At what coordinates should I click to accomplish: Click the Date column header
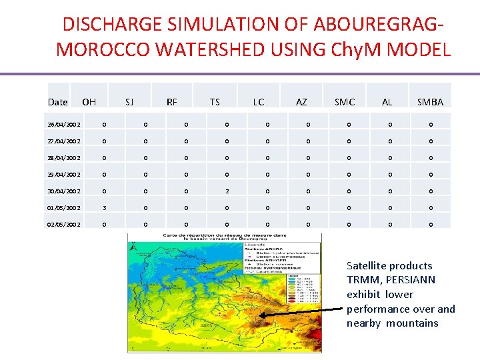(x=58, y=102)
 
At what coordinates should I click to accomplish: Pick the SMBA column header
(x=430, y=102)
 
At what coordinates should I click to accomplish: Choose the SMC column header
(x=345, y=102)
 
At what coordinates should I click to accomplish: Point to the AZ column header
(x=301, y=102)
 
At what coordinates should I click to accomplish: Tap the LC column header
(x=258, y=102)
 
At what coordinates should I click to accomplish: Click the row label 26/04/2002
(x=65, y=124)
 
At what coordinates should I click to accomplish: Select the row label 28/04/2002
(x=65, y=157)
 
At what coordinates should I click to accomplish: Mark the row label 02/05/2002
(x=65, y=224)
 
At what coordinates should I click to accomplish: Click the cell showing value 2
(x=227, y=191)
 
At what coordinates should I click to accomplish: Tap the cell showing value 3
(x=104, y=207)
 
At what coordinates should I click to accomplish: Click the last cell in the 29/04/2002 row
(x=431, y=174)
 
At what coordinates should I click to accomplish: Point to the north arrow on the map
(x=136, y=249)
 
